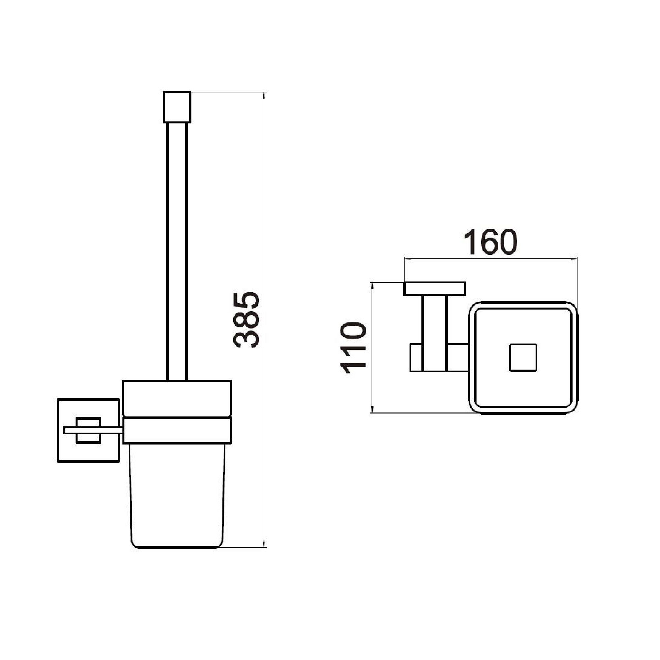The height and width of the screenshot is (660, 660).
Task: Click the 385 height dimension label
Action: pyautogui.click(x=247, y=320)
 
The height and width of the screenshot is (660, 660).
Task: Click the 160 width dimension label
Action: pyautogui.click(x=491, y=242)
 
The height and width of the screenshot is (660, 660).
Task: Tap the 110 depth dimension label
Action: pyautogui.click(x=353, y=347)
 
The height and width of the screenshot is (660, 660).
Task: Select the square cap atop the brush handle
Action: pyautogui.click(x=177, y=107)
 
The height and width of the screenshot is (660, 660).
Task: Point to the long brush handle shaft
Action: pyautogui.click(x=177, y=251)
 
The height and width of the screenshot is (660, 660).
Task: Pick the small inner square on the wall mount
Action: pyautogui.click(x=88, y=430)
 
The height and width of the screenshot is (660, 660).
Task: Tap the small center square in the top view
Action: pyautogui.click(x=523, y=357)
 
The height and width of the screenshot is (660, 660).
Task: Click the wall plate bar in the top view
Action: pyautogui.click(x=435, y=288)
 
